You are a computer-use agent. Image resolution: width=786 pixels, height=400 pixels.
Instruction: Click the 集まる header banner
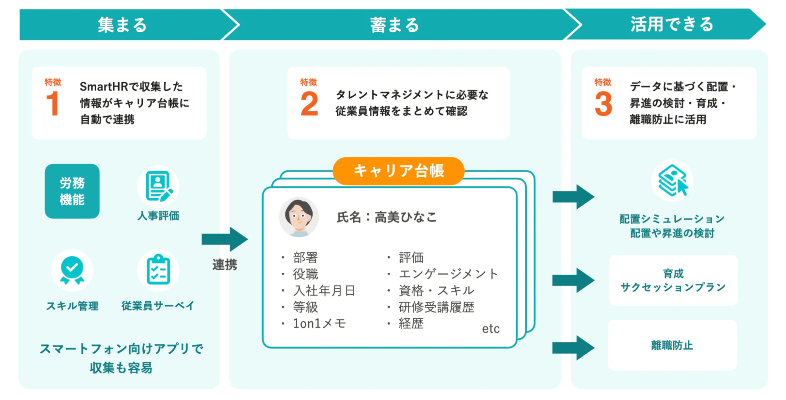tap(122, 25)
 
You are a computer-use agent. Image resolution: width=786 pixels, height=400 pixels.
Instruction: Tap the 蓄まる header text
tap(394, 25)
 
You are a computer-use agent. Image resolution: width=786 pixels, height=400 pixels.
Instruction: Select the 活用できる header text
tap(672, 24)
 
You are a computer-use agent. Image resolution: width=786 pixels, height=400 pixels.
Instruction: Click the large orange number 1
tap(53, 104)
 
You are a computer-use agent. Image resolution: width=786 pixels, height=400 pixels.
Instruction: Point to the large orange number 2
tap(309, 104)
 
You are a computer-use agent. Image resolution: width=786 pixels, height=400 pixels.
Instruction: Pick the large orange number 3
tap(603, 104)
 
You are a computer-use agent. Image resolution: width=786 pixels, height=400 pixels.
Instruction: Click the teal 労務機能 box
tap(72, 191)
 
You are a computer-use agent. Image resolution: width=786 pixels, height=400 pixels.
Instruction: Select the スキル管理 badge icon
tap(72, 270)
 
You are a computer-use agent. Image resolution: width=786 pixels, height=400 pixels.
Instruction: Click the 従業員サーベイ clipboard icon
tap(158, 270)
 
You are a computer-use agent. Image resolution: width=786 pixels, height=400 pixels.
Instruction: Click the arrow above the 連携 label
tap(225, 239)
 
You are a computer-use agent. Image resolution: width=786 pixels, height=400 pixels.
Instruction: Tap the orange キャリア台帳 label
tap(398, 171)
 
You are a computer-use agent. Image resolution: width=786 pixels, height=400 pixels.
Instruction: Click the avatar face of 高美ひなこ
tap(299, 217)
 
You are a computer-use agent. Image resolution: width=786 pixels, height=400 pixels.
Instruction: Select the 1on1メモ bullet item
tap(319, 323)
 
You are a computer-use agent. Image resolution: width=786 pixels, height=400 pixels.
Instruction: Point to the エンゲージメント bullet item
tap(448, 274)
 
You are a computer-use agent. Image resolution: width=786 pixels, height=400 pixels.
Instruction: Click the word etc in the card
tap(491, 328)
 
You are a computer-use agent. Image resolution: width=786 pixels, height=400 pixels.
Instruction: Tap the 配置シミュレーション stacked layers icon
tap(672, 181)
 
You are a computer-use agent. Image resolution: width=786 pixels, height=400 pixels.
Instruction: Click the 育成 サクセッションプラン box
tap(673, 280)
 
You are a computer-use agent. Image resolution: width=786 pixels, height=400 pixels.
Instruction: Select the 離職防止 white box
tap(672, 345)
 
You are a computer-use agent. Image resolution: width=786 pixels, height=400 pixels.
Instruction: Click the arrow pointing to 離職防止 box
tap(573, 348)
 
